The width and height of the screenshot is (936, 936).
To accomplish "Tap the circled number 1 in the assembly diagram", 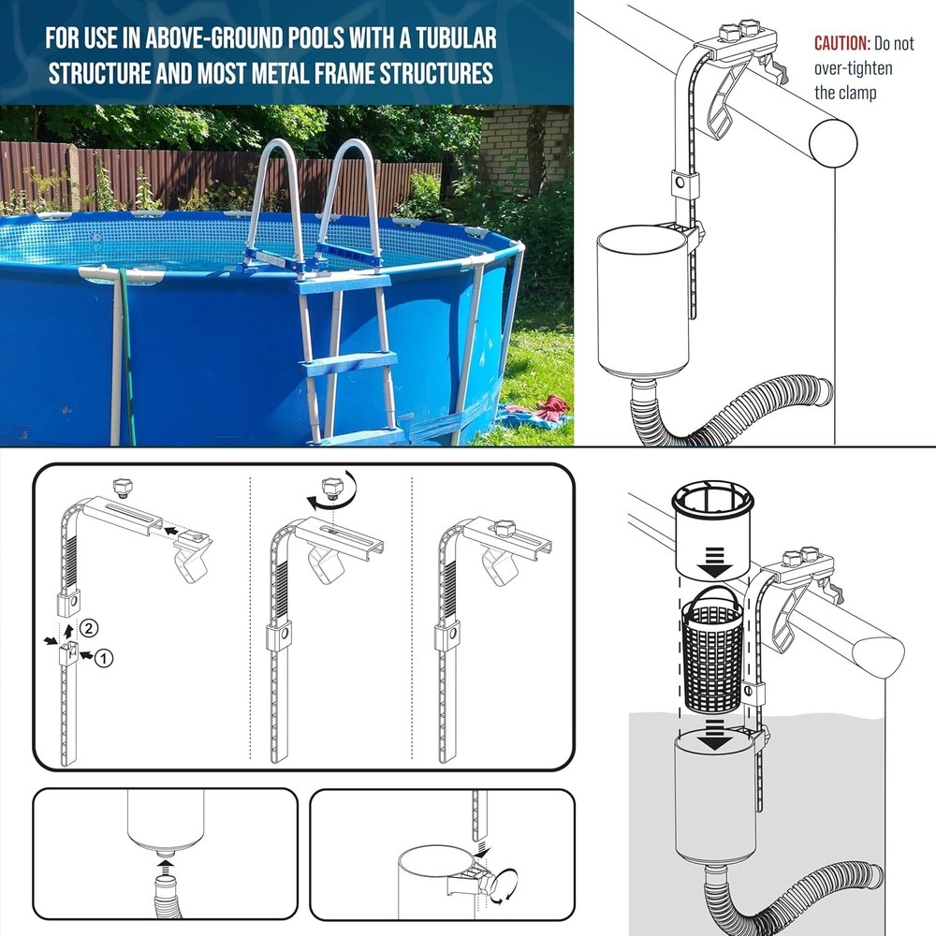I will click(104, 658).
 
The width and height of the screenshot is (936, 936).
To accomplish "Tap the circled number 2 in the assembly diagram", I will click(87, 627).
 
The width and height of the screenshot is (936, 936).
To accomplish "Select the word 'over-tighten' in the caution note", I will click(853, 68).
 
